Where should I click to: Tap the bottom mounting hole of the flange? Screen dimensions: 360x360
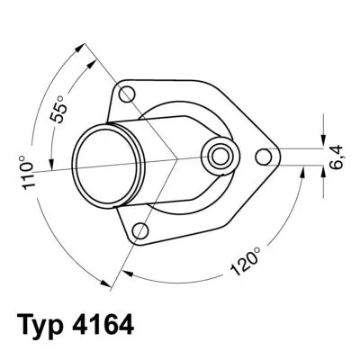[x=139, y=233]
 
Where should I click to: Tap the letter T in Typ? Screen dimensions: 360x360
[x=24, y=325]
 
